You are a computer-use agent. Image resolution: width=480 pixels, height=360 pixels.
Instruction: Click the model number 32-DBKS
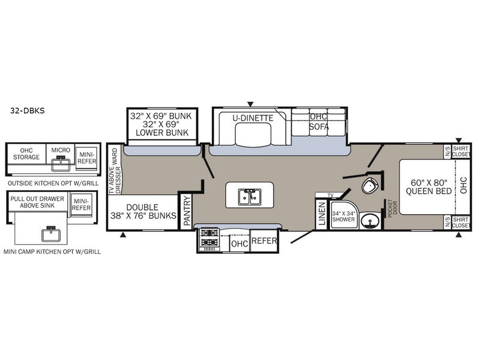(x=27, y=110)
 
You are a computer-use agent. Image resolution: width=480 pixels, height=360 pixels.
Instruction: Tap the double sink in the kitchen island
(x=250, y=197)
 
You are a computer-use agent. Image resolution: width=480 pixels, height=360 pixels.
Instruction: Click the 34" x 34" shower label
(x=343, y=216)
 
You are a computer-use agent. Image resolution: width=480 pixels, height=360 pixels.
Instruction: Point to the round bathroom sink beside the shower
(x=370, y=220)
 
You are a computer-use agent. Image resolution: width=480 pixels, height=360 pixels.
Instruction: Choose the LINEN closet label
(x=322, y=214)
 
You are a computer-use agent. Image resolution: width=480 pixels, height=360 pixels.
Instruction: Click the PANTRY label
(x=187, y=211)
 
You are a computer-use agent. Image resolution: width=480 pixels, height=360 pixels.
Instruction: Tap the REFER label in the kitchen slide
(x=264, y=241)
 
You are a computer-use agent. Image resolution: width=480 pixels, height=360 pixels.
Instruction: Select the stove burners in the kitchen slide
(x=209, y=238)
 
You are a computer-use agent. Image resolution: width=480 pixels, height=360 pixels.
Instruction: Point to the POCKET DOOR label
(x=392, y=209)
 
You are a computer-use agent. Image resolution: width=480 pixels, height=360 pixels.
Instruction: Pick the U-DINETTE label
(x=253, y=118)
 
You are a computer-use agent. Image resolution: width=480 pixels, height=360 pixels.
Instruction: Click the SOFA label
(x=319, y=127)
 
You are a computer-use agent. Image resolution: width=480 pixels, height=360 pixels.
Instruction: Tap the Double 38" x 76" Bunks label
(x=143, y=211)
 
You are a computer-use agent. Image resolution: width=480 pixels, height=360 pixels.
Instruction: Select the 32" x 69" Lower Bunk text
(x=162, y=128)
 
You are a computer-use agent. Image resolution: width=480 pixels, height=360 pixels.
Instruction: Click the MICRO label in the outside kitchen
(x=61, y=150)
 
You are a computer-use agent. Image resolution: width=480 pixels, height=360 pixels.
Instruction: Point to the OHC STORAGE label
(x=26, y=154)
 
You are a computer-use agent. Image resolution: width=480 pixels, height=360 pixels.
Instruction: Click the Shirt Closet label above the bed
(x=461, y=152)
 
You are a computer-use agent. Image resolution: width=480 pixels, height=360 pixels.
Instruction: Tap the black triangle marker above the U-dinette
(x=250, y=104)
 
